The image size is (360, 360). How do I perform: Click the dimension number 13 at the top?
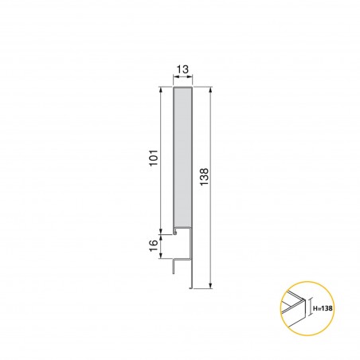click(x=182, y=71)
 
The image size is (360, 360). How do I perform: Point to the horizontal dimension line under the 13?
click(x=182, y=81)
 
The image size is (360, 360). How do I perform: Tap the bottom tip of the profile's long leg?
click(x=192, y=285)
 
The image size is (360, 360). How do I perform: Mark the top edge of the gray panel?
click(x=182, y=88)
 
